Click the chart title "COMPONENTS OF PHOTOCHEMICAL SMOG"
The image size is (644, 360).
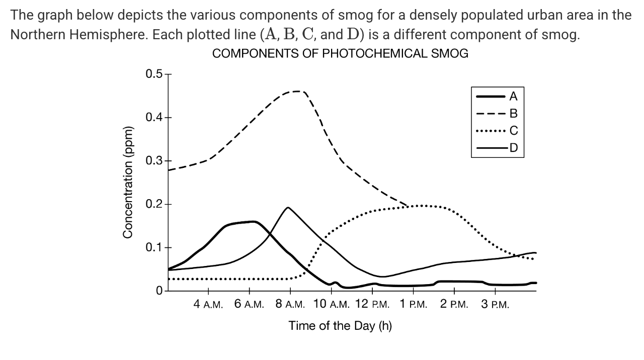point(340,54)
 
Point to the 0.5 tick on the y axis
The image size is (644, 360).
point(154,74)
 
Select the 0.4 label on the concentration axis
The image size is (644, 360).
point(154,118)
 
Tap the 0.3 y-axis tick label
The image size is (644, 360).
point(154,161)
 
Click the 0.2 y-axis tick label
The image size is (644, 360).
point(154,204)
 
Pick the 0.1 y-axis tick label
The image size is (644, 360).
point(154,247)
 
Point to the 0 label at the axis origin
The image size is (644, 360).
point(159,291)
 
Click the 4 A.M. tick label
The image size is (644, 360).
point(208,304)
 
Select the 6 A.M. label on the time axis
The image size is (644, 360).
point(249,304)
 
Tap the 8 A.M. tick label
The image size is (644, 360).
point(290,304)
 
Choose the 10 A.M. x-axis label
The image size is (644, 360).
point(332,304)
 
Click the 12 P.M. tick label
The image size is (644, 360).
point(372,304)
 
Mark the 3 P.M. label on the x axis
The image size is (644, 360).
point(495,304)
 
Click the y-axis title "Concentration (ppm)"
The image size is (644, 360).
point(128,183)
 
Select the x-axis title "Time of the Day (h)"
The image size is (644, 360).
point(340,326)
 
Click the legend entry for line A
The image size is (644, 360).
point(513,96)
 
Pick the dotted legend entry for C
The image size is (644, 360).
point(513,131)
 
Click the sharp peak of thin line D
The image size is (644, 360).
point(288,207)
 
